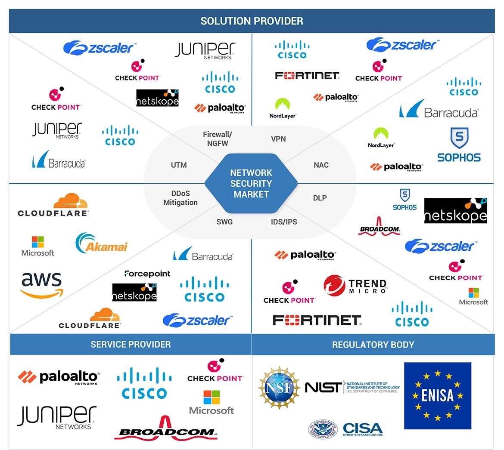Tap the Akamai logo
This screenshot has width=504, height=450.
102,243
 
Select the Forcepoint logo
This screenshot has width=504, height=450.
147,274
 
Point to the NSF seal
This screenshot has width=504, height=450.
279,388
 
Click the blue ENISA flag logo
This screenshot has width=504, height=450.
437,396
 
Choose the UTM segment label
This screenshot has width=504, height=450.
179,165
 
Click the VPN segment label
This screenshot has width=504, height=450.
278,139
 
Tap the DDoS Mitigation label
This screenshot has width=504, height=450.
180,198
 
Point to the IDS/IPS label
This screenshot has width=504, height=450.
284,222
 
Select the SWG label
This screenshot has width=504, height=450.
224,222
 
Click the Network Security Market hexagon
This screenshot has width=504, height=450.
251,184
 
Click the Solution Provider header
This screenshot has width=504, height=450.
252,21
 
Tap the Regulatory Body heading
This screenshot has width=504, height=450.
373,345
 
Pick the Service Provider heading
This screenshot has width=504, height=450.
131,345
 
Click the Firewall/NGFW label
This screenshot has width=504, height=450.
218,139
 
